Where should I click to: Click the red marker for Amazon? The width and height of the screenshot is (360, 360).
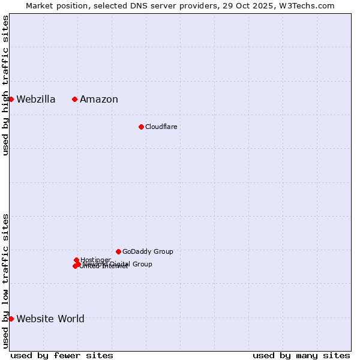click(x=74, y=99)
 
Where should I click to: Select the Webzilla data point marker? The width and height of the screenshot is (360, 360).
click(x=11, y=99)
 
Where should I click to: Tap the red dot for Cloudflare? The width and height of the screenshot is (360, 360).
click(x=141, y=127)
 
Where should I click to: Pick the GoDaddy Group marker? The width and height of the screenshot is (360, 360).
click(x=118, y=251)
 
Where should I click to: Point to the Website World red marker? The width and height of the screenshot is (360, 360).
click(x=11, y=319)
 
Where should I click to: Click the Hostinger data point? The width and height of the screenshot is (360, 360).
click(x=76, y=260)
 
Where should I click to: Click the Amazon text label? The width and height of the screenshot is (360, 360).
click(x=99, y=100)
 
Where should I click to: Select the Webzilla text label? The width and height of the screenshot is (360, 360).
click(x=36, y=100)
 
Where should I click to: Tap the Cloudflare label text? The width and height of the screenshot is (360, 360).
click(x=161, y=127)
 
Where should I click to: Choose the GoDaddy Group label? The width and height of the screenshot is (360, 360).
click(x=148, y=252)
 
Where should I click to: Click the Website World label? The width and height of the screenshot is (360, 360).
click(x=50, y=319)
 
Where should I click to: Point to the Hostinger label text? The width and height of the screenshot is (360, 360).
click(x=96, y=260)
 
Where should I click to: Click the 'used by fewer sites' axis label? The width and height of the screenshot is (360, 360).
click(x=62, y=356)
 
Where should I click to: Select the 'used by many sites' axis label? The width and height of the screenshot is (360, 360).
click(x=301, y=356)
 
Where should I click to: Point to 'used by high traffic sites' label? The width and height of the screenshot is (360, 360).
click(x=6, y=85)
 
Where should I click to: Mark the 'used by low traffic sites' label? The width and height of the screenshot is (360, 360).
click(x=6, y=281)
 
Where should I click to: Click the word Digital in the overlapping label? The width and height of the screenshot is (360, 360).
click(x=120, y=264)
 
